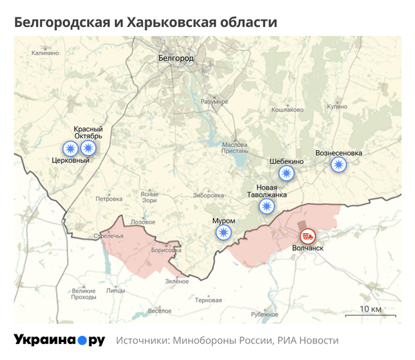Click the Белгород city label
[x=176, y=57]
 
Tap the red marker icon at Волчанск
[x=306, y=236]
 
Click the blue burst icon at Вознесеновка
[x=338, y=165]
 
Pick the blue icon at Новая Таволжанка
[x=266, y=206]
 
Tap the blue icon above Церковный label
[x=71, y=148]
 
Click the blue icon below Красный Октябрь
[x=88, y=148]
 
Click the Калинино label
[x=46, y=53]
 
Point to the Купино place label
[x=338, y=107]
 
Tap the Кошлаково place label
[x=288, y=109]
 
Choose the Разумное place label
[x=214, y=102]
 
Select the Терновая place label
[x=208, y=300]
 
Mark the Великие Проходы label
[x=84, y=294]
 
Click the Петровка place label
[x=109, y=199]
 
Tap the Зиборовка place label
[x=209, y=195]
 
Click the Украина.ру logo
[x=59, y=340]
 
